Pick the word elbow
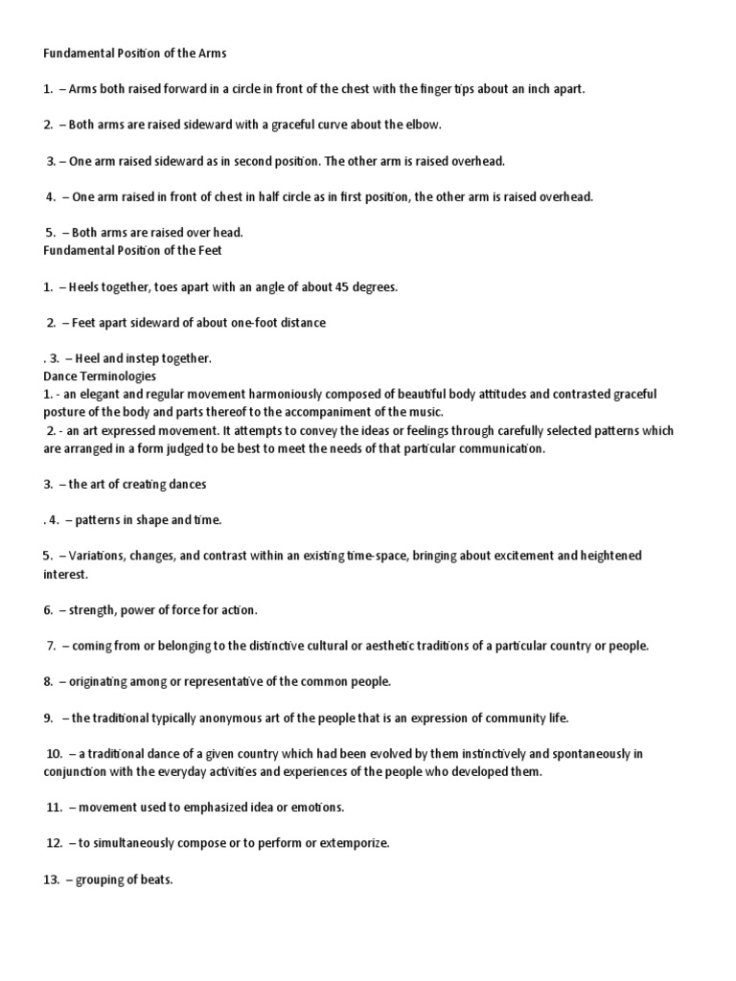[x=422, y=125]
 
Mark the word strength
[x=94, y=609]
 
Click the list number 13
[x=51, y=879]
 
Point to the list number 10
[x=55, y=754]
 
